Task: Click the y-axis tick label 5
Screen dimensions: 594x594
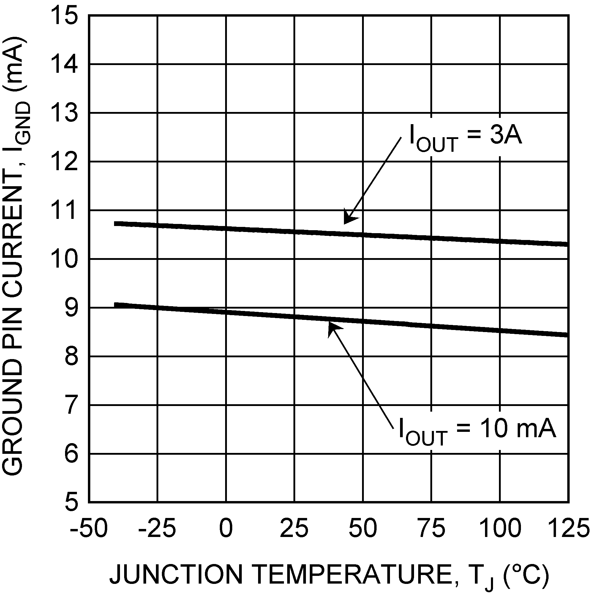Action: coord(71,503)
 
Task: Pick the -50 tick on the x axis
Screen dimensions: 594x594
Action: coord(89,528)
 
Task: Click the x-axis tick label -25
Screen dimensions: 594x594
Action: coord(157,528)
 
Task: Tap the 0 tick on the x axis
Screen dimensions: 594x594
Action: coord(226,528)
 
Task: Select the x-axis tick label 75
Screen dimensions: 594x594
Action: coord(431,528)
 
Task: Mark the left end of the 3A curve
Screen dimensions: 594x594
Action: coord(115,224)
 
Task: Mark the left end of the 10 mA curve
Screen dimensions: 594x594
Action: coord(115,305)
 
